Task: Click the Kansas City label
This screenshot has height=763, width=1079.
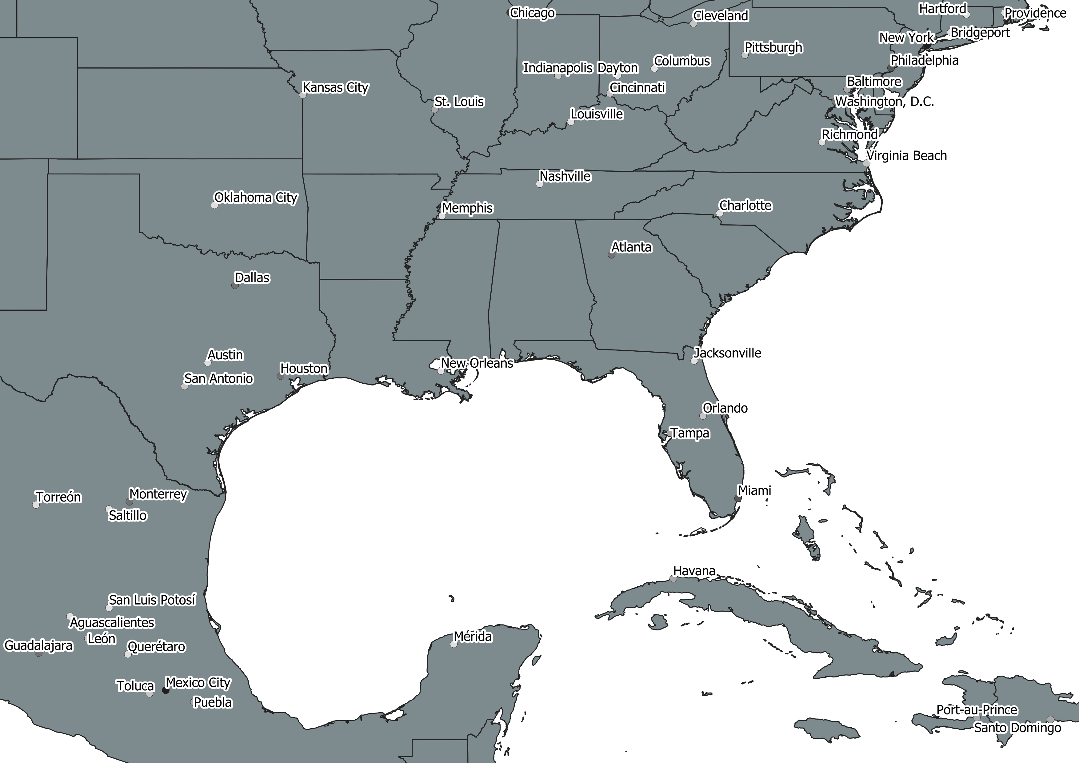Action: click(336, 87)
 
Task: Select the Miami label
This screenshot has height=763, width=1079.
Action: click(754, 490)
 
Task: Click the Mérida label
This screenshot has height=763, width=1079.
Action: click(473, 637)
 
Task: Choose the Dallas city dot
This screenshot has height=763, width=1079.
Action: click(235, 285)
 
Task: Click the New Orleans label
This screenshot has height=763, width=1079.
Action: click(477, 363)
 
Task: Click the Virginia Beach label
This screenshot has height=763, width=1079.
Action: click(906, 155)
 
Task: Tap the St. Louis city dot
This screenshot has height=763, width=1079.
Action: click(435, 110)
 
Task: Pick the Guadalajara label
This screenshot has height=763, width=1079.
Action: click(38, 645)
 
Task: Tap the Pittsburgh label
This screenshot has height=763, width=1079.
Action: click(773, 47)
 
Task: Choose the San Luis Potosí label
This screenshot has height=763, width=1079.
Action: click(152, 600)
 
